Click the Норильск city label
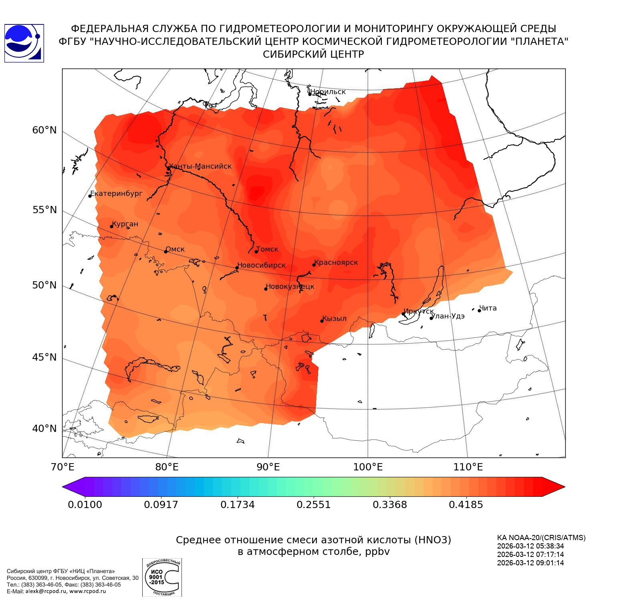click(328, 92)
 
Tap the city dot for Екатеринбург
click(90, 196)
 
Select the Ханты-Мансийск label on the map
click(200, 166)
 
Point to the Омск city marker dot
click(165, 252)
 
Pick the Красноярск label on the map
click(336, 262)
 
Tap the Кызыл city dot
click(322, 321)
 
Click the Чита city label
click(488, 308)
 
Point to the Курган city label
click(125, 224)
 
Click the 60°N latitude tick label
click(44, 130)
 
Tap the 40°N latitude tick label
click(44, 429)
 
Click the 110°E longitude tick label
click(467, 467)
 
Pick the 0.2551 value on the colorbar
click(313, 504)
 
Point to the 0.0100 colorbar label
click(85, 504)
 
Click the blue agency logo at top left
click(24, 43)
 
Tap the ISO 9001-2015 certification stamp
click(162, 577)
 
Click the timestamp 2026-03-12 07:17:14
click(530, 555)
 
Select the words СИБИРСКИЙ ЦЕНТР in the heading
click(313, 54)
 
